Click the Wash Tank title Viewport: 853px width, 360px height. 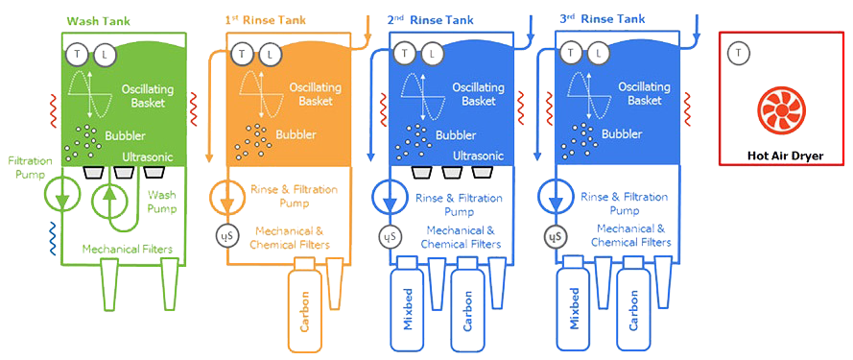coord(98,22)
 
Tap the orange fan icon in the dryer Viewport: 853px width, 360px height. coord(780,110)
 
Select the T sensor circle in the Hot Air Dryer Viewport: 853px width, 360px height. coord(738,53)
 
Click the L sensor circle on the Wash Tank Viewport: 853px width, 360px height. coord(105,54)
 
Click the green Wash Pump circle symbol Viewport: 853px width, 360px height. coord(108,200)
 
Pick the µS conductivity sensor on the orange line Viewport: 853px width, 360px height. coord(225,236)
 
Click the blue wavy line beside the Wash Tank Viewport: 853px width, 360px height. coord(53,238)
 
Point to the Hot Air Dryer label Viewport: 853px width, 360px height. coord(785,156)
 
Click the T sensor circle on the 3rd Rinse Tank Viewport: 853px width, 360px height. coord(570,53)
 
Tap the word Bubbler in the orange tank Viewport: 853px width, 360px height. coord(296,134)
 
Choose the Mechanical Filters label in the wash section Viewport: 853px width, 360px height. coord(128,250)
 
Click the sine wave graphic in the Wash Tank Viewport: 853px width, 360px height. coord(91,95)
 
